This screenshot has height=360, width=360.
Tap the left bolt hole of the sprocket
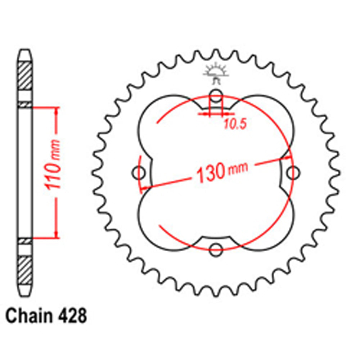(139, 173)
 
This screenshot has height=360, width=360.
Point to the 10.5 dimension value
(234, 125)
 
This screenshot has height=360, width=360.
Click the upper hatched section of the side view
(25, 76)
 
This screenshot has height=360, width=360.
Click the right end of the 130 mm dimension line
(290, 157)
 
